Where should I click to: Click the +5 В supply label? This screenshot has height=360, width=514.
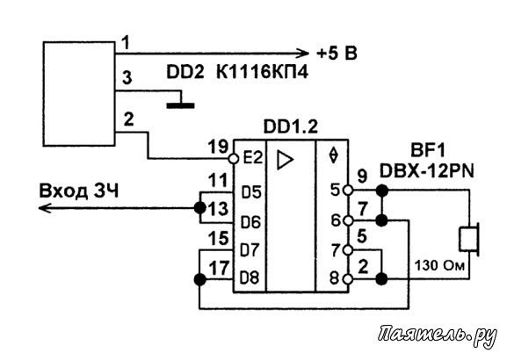[x=337, y=53]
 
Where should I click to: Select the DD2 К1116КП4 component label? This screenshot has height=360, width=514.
[x=237, y=72]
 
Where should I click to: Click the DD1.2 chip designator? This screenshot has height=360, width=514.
[x=291, y=126]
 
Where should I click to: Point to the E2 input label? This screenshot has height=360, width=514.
[x=252, y=159]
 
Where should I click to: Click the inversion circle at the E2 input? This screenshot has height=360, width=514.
[x=234, y=159]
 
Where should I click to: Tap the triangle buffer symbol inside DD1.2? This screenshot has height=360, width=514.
[x=285, y=160]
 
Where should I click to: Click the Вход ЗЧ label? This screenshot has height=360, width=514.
[x=79, y=191]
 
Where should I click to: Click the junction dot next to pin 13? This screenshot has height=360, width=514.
[x=199, y=208]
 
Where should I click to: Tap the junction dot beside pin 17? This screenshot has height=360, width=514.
[x=199, y=279]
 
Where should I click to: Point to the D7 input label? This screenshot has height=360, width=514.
[x=250, y=250]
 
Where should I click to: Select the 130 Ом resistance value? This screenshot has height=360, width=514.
[x=439, y=265]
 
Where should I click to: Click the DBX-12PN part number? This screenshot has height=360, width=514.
[x=427, y=170]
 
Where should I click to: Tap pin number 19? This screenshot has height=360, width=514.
[x=218, y=147]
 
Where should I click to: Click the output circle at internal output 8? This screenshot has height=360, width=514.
[x=348, y=279]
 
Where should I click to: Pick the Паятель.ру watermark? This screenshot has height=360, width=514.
[x=438, y=335]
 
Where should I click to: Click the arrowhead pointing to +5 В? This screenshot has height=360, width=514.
[x=303, y=53]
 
